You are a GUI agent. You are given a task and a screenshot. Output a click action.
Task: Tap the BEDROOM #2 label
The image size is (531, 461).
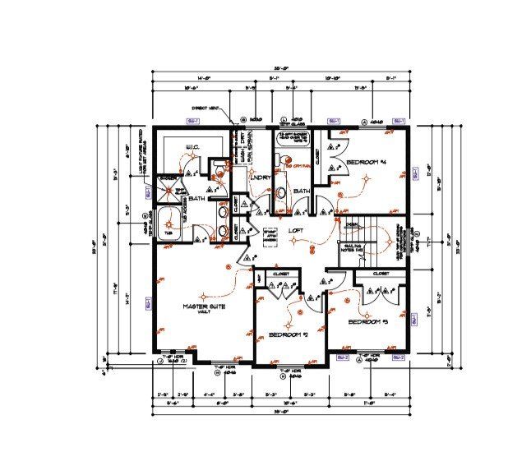[x=288, y=334]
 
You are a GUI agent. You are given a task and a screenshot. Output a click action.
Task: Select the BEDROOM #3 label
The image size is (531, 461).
[x=367, y=321]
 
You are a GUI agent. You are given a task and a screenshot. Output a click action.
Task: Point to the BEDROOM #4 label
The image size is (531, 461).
[x=366, y=164]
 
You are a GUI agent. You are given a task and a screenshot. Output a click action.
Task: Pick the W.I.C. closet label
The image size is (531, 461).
[x=191, y=149]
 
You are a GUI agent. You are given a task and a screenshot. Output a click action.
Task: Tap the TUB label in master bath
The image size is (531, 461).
[x=169, y=233]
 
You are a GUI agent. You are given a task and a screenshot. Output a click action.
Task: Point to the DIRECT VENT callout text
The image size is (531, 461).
[x=205, y=108]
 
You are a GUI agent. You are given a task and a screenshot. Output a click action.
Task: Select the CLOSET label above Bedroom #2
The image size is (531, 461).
[x=280, y=274]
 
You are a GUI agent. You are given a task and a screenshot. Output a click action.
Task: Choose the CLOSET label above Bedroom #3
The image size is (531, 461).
[x=381, y=274]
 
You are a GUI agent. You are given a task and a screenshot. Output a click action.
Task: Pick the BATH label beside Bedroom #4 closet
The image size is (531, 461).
[x=300, y=191]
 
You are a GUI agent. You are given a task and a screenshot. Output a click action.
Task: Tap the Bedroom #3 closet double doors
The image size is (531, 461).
[x=380, y=290]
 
